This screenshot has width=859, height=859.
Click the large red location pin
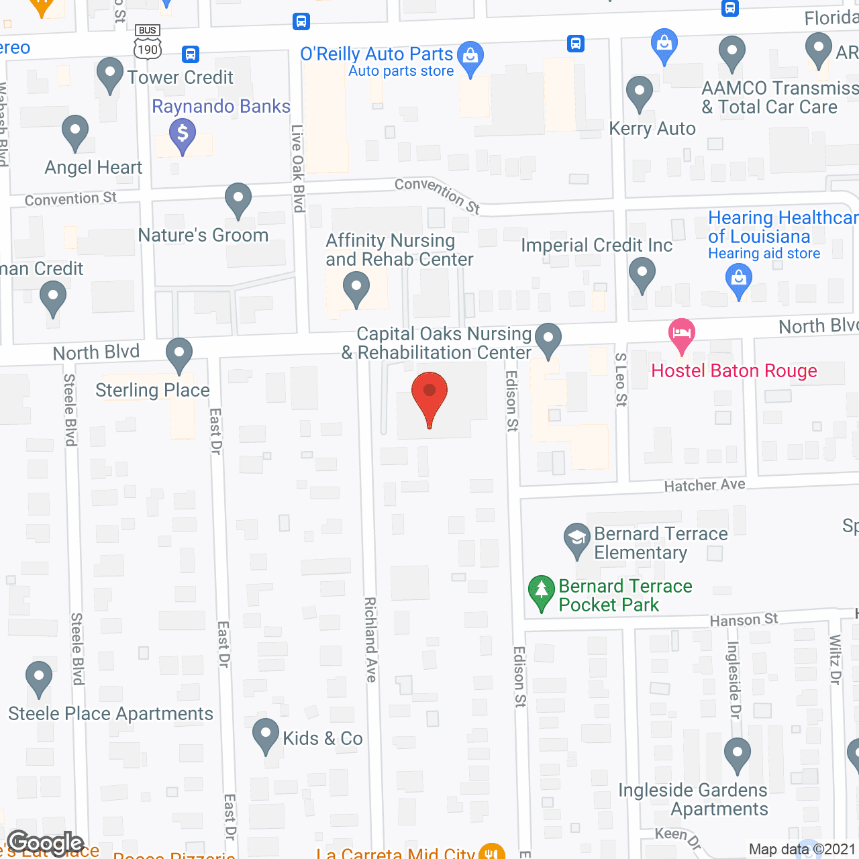[429, 396]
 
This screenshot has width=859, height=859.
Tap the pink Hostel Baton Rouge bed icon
[681, 334]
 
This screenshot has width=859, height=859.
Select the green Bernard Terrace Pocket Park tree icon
[541, 592]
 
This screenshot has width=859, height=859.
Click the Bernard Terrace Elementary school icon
[576, 538]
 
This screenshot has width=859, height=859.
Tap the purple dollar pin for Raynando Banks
[183, 134]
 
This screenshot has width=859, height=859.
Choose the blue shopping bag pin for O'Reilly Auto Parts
[470, 57]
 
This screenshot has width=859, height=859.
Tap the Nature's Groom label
[203, 235]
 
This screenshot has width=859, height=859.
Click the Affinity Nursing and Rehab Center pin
[356, 288]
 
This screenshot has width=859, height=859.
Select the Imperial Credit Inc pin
[642, 274]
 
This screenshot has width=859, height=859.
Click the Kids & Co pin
[266, 734]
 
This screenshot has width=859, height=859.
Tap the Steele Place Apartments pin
[39, 678]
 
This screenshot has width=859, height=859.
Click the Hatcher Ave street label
[704, 485]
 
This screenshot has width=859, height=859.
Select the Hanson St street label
[744, 619]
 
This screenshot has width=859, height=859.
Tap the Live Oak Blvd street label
[298, 168]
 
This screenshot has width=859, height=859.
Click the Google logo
[46, 843]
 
